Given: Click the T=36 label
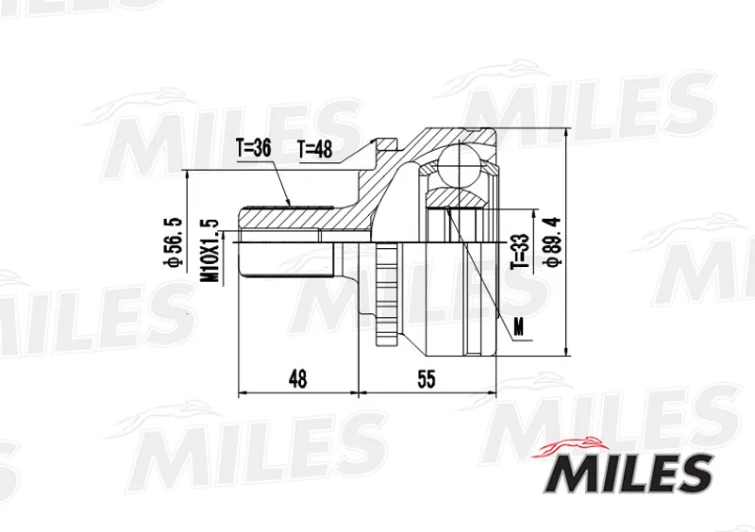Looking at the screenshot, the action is pyautogui.click(x=253, y=148).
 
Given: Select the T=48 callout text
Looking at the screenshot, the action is pyautogui.click(x=315, y=149).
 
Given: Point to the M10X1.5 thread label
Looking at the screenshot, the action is pyautogui.click(x=210, y=251).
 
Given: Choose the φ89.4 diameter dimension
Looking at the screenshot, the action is pyautogui.click(x=552, y=241).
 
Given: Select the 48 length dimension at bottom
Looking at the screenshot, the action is pyautogui.click(x=297, y=379).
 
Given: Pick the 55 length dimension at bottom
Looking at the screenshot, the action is pyautogui.click(x=427, y=379).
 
